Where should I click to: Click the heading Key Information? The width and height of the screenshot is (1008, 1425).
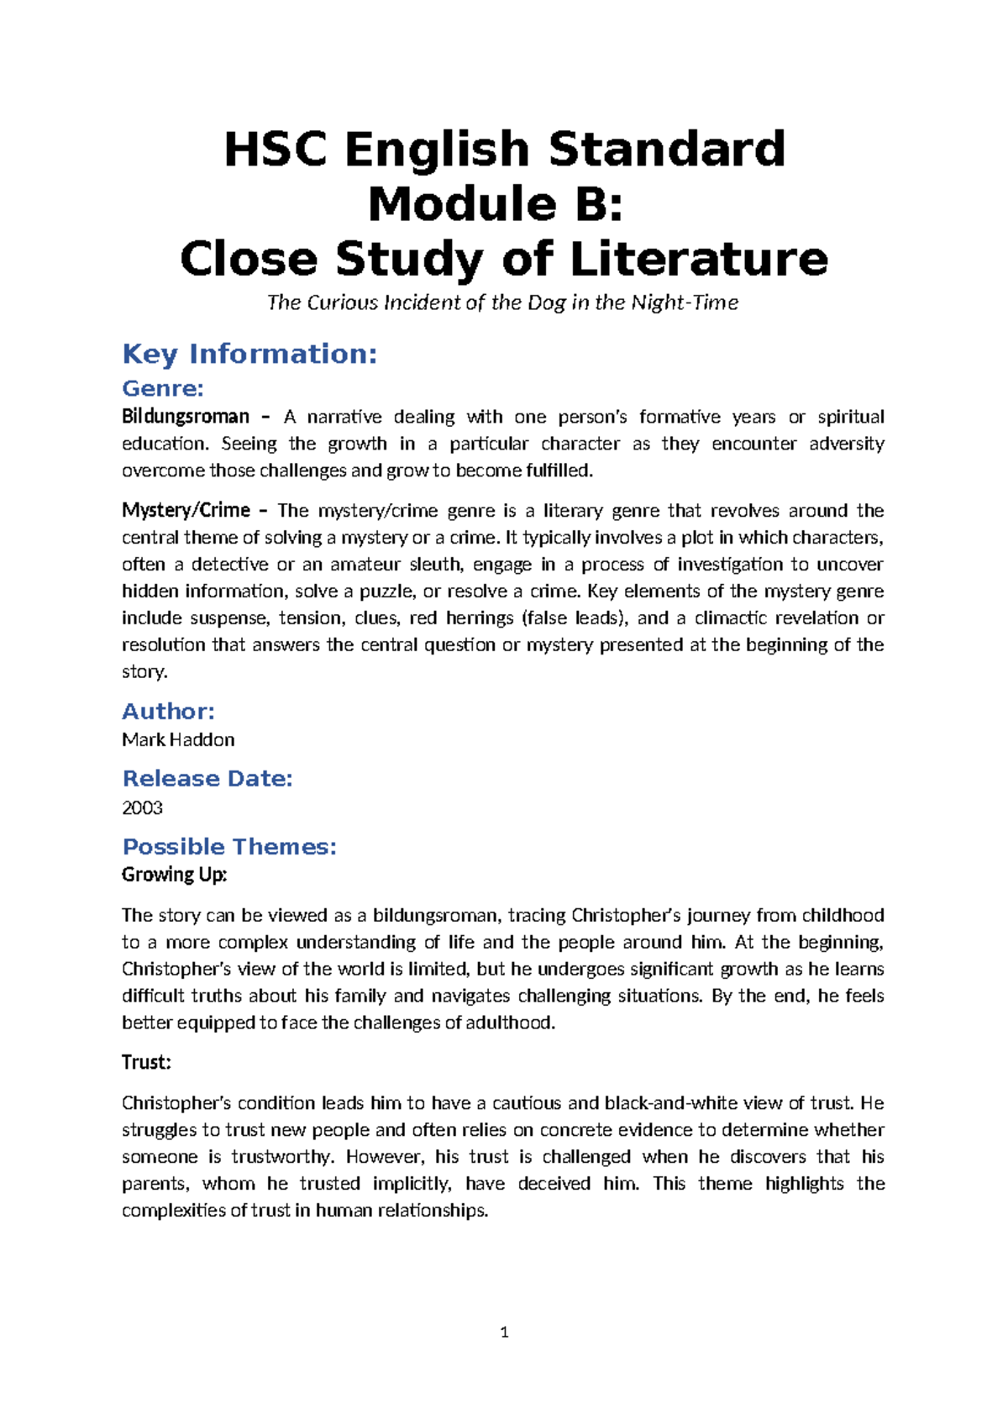tap(249, 354)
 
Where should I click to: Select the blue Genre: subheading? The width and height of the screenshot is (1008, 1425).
tap(163, 388)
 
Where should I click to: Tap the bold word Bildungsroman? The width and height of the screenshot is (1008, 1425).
tap(186, 417)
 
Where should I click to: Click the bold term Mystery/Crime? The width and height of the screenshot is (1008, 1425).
tap(186, 510)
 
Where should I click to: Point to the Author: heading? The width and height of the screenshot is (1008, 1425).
tap(168, 712)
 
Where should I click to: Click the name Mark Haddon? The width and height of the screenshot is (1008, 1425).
tap(178, 740)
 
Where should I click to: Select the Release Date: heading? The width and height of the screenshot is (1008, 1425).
tap(207, 779)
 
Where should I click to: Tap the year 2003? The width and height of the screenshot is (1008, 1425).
tap(142, 808)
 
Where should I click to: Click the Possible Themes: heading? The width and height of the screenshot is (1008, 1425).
tap(229, 847)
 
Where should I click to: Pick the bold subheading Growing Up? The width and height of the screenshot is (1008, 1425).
tap(175, 875)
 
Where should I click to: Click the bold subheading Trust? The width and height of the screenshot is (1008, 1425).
tap(146, 1062)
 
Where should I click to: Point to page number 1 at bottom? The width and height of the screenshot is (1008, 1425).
tap(504, 1333)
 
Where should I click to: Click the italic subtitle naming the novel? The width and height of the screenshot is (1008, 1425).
tap(502, 302)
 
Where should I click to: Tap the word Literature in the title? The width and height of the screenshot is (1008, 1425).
tap(699, 259)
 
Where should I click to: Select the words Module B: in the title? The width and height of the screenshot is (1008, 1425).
tap(496, 204)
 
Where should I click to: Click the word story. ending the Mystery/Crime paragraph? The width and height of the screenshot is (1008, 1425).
tap(144, 672)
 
